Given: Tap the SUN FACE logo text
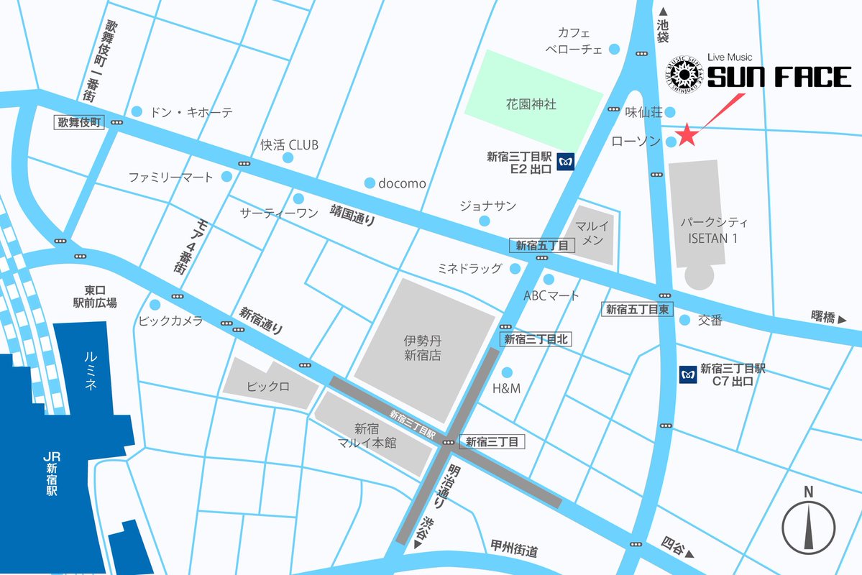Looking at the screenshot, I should tap(779, 78).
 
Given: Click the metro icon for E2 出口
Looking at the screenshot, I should tap(567, 162).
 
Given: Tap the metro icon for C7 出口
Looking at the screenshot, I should tap(688, 374).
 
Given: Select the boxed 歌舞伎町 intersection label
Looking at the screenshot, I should tap(81, 123).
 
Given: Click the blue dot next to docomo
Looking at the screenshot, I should tap(370, 183).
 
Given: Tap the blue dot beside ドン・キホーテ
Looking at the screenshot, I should tap(137, 111).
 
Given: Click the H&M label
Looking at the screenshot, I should tap(506, 389).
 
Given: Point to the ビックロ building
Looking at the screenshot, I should tap(269, 386).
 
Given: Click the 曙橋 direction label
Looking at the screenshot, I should tap(827, 318).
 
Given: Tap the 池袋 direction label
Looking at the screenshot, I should tap(663, 27).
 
